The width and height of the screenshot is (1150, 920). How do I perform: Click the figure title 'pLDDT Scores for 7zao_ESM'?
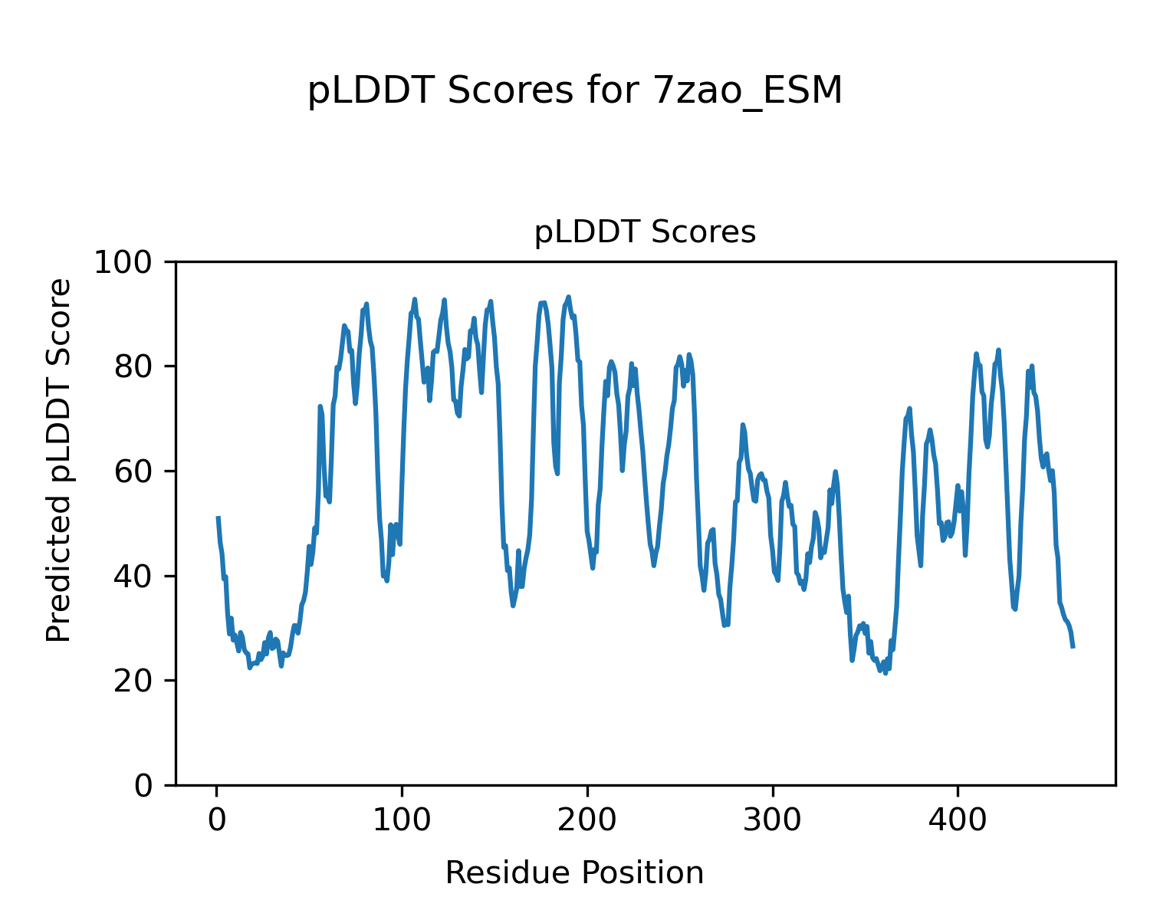pos(575,91)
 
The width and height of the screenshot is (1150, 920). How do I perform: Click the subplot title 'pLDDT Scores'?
pos(645,232)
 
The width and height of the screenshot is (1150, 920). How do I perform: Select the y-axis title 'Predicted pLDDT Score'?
pos(59,460)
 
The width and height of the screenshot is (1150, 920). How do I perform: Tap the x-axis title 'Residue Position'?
pos(574,872)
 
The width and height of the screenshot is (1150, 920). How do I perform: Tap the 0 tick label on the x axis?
pos(217,820)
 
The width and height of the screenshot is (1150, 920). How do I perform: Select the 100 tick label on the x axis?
pos(402,820)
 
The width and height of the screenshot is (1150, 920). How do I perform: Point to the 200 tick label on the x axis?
pos(587,820)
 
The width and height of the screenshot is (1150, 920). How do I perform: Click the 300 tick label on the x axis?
pos(773,820)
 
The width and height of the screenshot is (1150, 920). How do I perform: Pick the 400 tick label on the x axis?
pos(958,820)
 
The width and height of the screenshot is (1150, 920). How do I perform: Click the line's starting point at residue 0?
pos(219,517)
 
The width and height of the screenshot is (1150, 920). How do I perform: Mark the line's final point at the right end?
pos(1073,647)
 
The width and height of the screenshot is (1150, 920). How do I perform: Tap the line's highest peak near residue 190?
pos(568,297)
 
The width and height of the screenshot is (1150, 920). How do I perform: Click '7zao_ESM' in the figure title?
pos(747,91)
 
